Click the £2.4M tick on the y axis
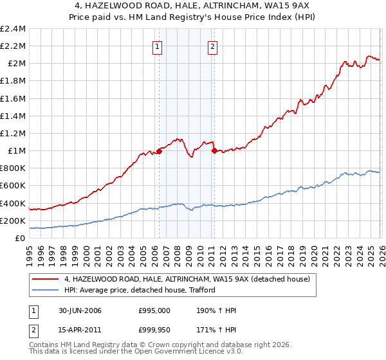pos(13,29)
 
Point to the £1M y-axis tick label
pos(15,151)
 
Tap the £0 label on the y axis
pos(20,238)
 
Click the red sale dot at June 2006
pos(159,152)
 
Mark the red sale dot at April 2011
pos(214,151)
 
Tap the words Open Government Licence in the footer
pos(191,353)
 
